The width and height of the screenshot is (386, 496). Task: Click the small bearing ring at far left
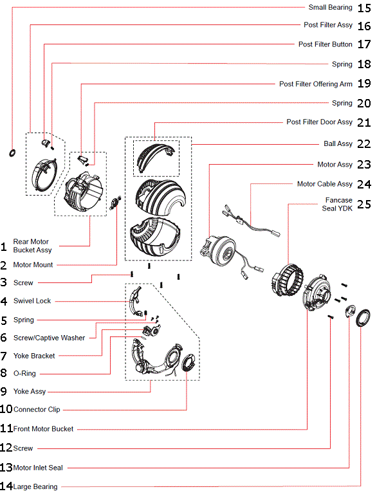12,152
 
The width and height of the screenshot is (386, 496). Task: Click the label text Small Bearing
329,8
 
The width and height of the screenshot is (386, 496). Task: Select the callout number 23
364,165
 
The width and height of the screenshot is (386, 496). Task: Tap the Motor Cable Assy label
324,184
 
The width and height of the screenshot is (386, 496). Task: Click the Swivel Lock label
32,301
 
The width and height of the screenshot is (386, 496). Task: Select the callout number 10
6,409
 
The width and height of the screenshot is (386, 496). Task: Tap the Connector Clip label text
37,410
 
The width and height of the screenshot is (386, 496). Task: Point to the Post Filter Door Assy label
319,122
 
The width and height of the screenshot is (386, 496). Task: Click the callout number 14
6,486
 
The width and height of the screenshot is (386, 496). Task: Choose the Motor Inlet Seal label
38,468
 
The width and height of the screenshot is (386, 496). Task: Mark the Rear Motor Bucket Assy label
32,246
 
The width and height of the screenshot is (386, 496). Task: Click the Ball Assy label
337,144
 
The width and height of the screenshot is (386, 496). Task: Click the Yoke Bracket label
34,356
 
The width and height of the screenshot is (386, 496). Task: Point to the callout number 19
364,84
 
